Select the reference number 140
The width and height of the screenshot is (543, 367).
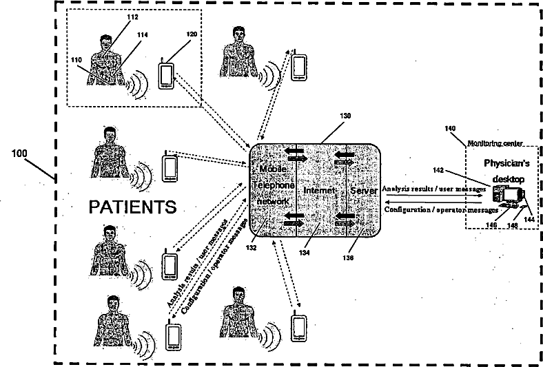[450, 129]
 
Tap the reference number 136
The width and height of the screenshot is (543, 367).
[350, 258]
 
